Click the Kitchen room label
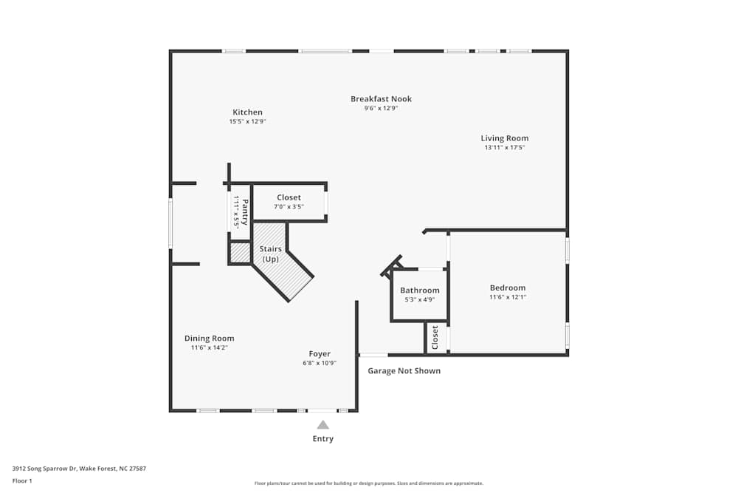(x=247, y=112)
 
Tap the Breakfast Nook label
(x=382, y=99)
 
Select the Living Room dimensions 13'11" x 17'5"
(x=505, y=148)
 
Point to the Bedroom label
(x=508, y=288)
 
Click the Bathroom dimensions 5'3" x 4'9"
(x=420, y=300)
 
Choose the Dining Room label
(x=210, y=339)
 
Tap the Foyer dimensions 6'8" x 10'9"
(x=320, y=364)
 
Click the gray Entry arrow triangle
(x=323, y=425)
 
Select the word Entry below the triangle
(x=323, y=439)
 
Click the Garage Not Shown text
(x=404, y=371)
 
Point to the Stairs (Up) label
(x=271, y=254)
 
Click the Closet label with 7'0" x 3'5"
(x=289, y=197)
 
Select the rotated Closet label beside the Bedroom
(x=435, y=338)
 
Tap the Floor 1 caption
(x=22, y=481)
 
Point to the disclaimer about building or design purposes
(x=369, y=483)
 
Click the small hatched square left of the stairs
(x=240, y=253)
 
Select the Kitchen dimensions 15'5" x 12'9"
(x=247, y=122)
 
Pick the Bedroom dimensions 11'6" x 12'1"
(x=508, y=297)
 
